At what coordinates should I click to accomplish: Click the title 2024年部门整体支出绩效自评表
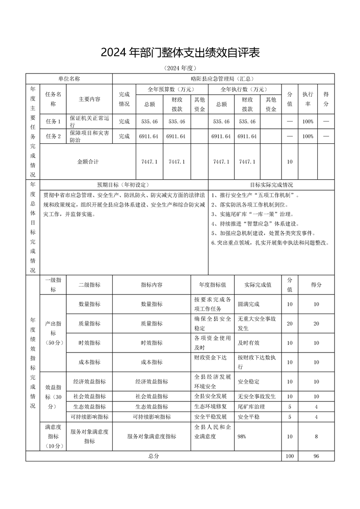pyautogui.click(x=180, y=53)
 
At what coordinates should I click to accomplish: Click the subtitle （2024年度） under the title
pyautogui.click(x=180, y=69)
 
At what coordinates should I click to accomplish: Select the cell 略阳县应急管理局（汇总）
pyautogui.click(x=223, y=78)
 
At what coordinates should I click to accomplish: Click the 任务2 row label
pyautogui.click(x=53, y=136)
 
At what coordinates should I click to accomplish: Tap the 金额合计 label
pyautogui.click(x=88, y=162)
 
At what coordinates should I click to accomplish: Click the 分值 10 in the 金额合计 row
pyautogui.click(x=290, y=162)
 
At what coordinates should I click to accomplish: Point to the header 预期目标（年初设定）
pyautogui.click(x=123, y=185)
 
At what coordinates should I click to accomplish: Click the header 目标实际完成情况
pyautogui.click(x=271, y=185)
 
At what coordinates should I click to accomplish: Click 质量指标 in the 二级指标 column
pyautogui.click(x=89, y=323)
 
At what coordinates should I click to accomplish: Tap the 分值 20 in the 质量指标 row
pyautogui.click(x=290, y=323)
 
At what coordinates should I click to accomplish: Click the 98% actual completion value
pyautogui.click(x=242, y=436)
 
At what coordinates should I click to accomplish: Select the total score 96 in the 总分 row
pyautogui.click(x=316, y=455)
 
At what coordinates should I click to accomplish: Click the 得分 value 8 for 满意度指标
pyautogui.click(x=316, y=436)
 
